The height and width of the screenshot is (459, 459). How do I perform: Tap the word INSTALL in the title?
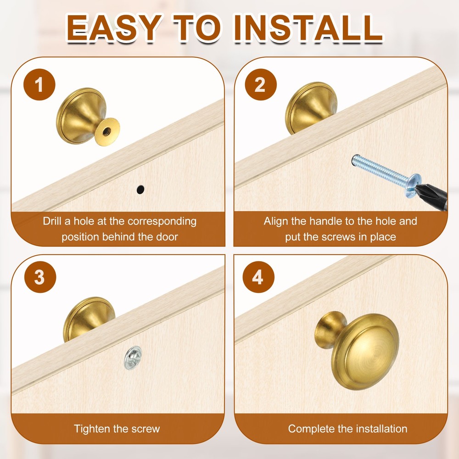tap(308, 28)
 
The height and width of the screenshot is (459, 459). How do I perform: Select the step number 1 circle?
tap(39, 84)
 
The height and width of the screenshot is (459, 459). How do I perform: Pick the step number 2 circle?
tap(261, 84)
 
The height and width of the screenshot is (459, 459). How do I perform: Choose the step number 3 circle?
tap(40, 277)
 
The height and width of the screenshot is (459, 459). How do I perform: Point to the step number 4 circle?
tap(258, 277)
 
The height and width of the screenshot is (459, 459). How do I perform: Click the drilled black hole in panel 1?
tap(140, 190)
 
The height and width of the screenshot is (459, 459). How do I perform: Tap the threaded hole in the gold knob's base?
tap(106, 131)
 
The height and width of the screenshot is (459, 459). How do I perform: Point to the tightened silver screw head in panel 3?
tap(133, 358)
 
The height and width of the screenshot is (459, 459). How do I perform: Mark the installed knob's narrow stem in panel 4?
tap(329, 329)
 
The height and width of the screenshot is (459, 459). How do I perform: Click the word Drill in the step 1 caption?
tap(52, 221)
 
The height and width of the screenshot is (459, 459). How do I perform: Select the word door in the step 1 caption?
tap(167, 236)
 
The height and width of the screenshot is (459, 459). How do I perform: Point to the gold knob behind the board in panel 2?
tap(310, 107)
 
